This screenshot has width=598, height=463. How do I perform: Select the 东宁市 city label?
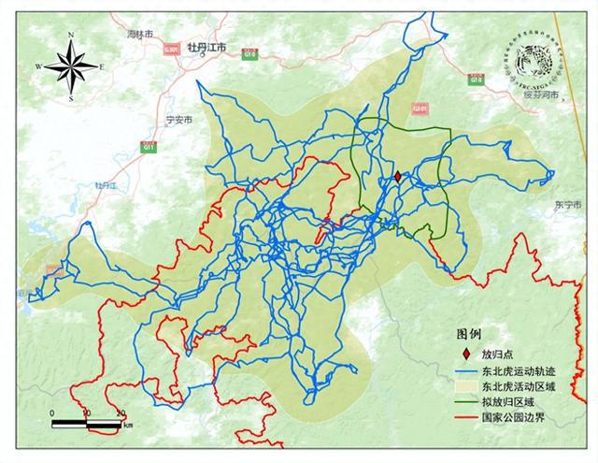[x=567, y=204]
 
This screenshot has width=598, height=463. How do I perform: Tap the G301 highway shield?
[x=171, y=50]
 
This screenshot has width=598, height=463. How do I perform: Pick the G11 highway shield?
[x=148, y=145]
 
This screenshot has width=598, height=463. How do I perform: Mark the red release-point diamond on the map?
[x=397, y=177]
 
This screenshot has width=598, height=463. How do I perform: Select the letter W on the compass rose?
[x=39, y=66]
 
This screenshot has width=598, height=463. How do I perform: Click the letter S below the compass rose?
[x=71, y=98]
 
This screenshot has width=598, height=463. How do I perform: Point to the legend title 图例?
[x=468, y=334]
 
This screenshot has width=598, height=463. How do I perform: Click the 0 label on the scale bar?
[x=52, y=412]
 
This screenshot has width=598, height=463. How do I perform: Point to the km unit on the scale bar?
[x=127, y=425]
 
